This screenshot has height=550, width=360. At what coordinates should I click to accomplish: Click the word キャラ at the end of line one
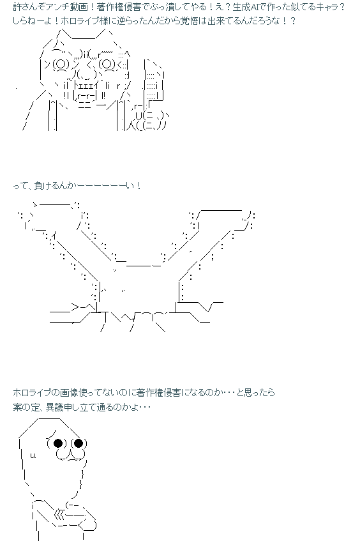322,6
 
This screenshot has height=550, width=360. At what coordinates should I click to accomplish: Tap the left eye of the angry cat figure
61,64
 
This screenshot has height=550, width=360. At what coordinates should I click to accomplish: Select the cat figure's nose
84,75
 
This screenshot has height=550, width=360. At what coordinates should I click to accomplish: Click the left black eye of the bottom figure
58,443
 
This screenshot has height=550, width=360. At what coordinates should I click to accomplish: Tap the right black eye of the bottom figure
79,443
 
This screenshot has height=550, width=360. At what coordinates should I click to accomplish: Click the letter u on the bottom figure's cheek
33,456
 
